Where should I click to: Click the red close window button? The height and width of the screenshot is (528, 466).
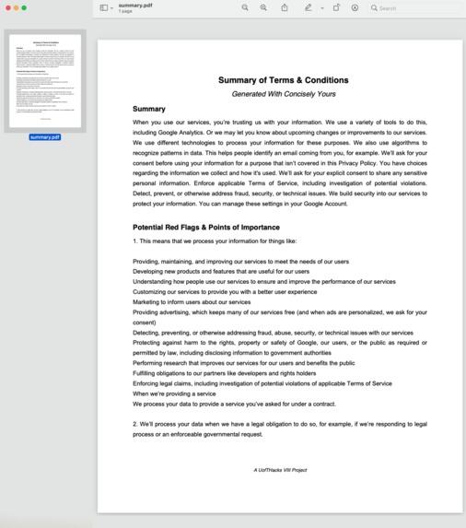click(7, 7)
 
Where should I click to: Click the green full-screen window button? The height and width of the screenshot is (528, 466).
click(24, 7)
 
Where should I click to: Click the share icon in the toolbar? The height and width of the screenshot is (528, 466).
click(285, 7)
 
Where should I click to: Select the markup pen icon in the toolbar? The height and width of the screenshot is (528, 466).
click(309, 7)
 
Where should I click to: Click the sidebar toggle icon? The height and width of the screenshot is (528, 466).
click(104, 7)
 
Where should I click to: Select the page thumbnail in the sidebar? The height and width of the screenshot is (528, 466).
click(44, 82)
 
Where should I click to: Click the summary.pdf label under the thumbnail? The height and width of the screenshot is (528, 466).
click(44, 137)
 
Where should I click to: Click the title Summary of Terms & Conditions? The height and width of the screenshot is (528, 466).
click(283, 80)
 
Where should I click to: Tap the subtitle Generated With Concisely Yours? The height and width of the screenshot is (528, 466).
click(283, 94)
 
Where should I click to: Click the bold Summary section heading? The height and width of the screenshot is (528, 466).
click(149, 109)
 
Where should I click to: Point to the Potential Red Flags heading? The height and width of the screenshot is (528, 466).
click(205, 227)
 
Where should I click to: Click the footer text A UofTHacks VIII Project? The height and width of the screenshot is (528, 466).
click(280, 470)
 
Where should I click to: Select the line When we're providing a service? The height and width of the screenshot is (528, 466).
click(174, 393)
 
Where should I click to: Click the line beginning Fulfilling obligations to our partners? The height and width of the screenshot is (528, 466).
click(224, 373)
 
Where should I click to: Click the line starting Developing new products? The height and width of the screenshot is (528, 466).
click(207, 272)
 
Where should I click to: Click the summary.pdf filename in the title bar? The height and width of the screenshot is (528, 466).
click(135, 5)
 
